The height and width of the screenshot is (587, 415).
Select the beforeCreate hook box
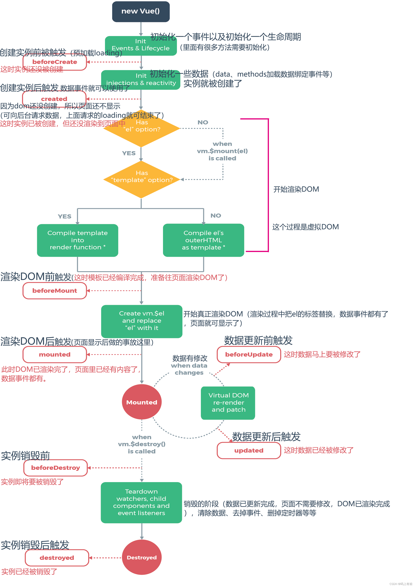click(55, 62)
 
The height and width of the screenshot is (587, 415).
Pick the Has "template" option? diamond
click(142, 179)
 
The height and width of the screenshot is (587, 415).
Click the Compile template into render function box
click(77, 240)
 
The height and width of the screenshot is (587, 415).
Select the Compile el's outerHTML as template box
click(203, 240)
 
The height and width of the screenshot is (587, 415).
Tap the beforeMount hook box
click(55, 291)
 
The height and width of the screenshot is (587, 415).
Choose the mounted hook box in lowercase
click(55, 355)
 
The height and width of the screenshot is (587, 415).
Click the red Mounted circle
click(142, 402)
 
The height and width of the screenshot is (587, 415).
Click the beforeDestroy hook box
click(56, 468)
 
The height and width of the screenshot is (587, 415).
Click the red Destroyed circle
click(142, 557)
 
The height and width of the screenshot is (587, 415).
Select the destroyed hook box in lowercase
click(57, 558)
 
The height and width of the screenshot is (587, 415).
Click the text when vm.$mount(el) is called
click(222, 151)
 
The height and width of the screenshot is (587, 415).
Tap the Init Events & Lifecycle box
click(141, 46)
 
